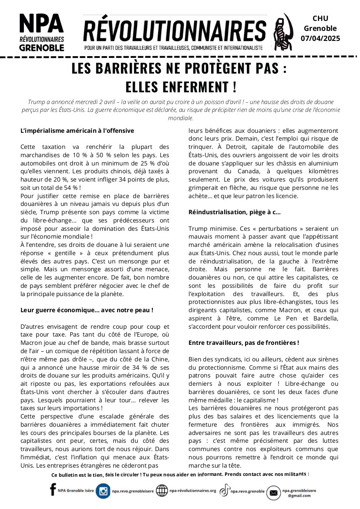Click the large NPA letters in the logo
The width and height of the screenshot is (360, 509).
(x=41, y=23)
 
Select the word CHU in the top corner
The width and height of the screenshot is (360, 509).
(x=320, y=18)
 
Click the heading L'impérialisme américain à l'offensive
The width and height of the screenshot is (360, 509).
(x=77, y=130)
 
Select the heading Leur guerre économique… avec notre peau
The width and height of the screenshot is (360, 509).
(x=87, y=310)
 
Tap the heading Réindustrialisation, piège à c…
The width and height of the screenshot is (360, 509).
(x=234, y=212)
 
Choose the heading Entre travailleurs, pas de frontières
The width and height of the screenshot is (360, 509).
(x=243, y=343)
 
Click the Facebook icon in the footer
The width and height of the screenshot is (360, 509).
(x=53, y=490)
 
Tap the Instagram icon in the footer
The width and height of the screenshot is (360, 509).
(x=103, y=491)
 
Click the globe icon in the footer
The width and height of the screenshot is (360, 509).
(x=161, y=491)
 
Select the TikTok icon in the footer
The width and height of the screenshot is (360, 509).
(x=224, y=491)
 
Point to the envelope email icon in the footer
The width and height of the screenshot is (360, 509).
(x=273, y=492)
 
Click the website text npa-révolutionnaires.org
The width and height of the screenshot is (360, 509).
(x=192, y=491)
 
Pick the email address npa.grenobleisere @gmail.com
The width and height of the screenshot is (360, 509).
(x=299, y=492)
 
